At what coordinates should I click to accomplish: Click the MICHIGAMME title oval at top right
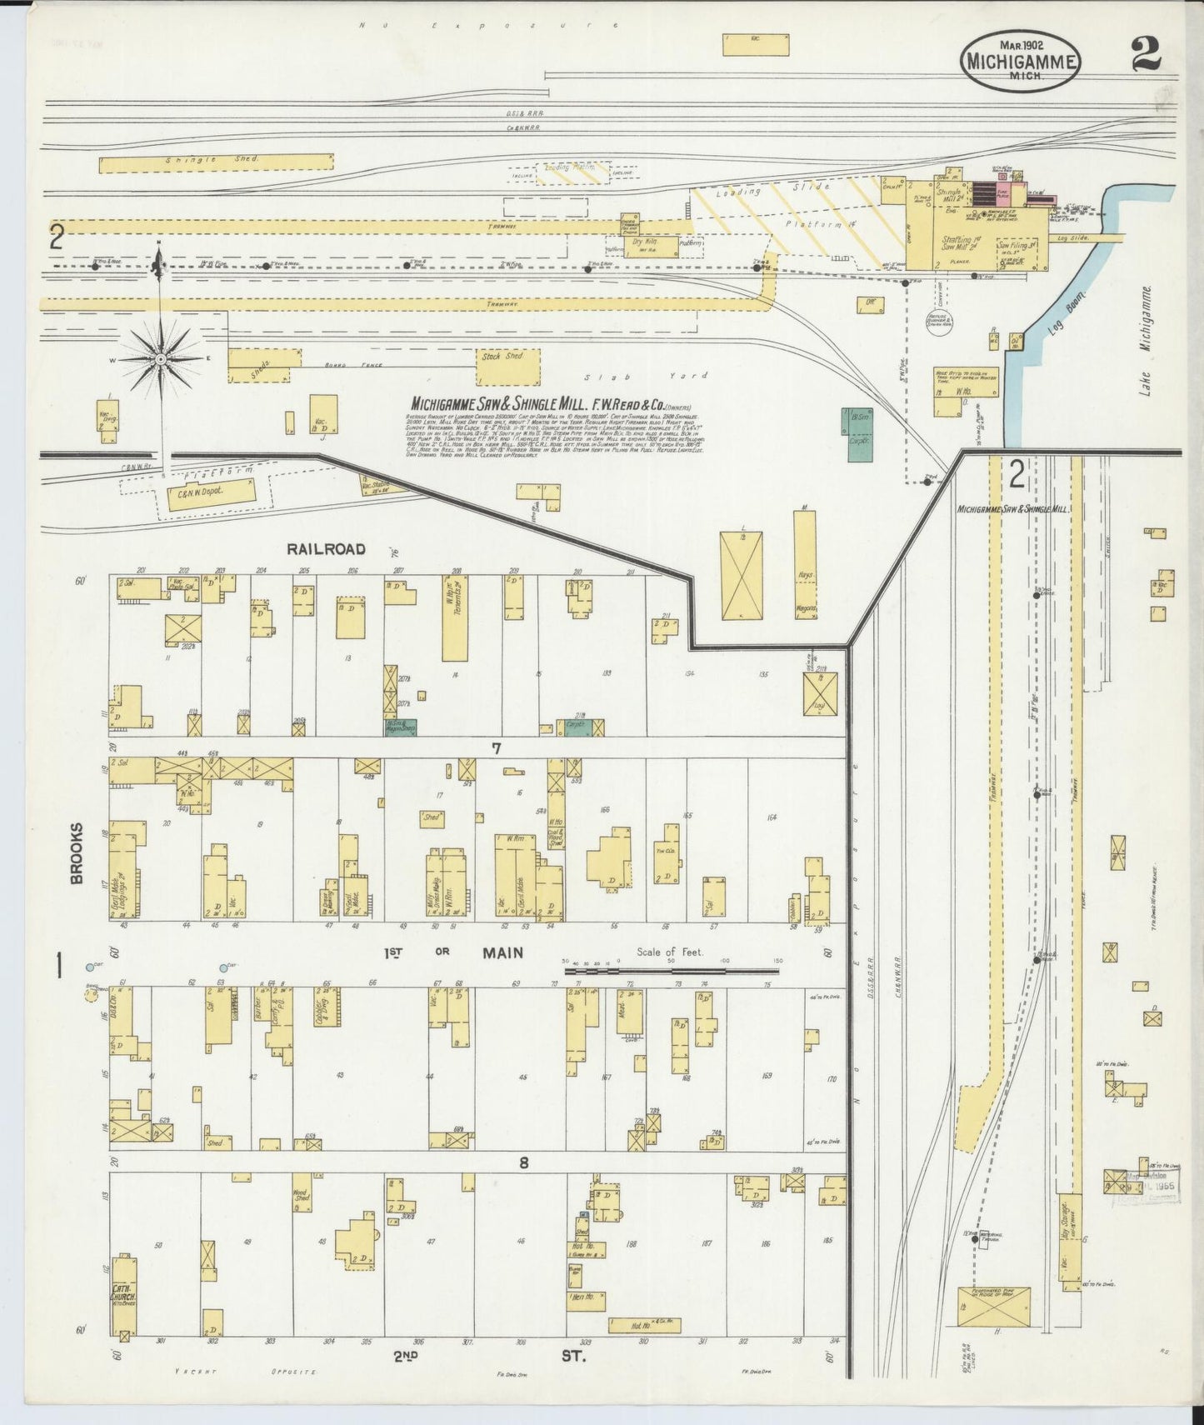tap(1021, 62)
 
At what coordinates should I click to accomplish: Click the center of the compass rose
tap(159, 359)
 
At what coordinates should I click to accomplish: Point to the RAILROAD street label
tap(326, 548)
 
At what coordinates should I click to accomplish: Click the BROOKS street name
tap(76, 853)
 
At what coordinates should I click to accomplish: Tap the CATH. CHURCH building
tap(123, 1300)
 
